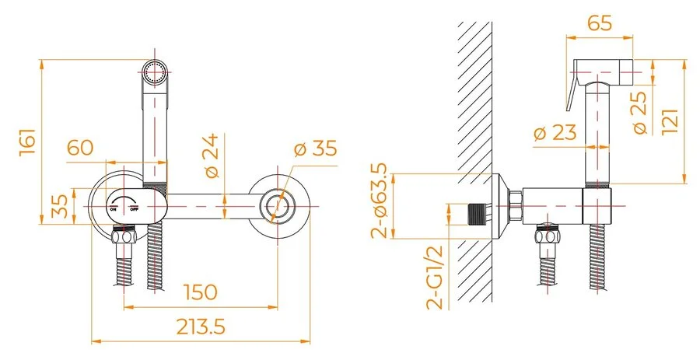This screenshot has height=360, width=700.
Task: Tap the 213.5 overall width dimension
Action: (198, 327)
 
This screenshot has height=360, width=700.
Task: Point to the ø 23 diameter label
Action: (555, 133)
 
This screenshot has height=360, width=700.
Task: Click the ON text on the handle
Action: (114, 209)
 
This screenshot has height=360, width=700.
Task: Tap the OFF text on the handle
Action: (134, 209)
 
